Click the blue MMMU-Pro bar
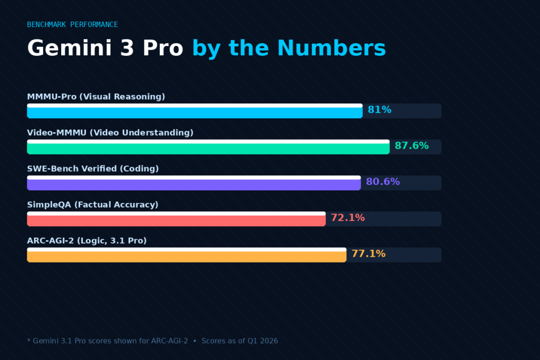pyautogui.click(x=195, y=111)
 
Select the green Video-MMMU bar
pyautogui.click(x=208, y=147)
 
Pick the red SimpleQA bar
pyautogui.click(x=176, y=219)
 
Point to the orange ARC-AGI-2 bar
pyautogui.click(x=186, y=255)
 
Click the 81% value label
pyautogui.click(x=379, y=110)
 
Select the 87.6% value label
pyautogui.click(x=411, y=146)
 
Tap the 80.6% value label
pyautogui.click(x=382, y=182)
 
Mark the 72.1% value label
pyautogui.click(x=348, y=218)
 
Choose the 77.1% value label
pyautogui.click(x=368, y=254)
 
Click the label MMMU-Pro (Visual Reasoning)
pyautogui.click(x=96, y=97)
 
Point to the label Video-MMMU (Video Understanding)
pyautogui.click(x=110, y=133)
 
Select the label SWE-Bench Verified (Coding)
pyautogui.click(x=93, y=169)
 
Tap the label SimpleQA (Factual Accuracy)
pyautogui.click(x=92, y=205)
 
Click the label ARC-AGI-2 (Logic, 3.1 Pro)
pyautogui.click(x=86, y=241)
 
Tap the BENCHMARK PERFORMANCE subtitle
pyautogui.click(x=72, y=25)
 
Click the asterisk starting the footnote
pyautogui.click(x=28, y=340)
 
